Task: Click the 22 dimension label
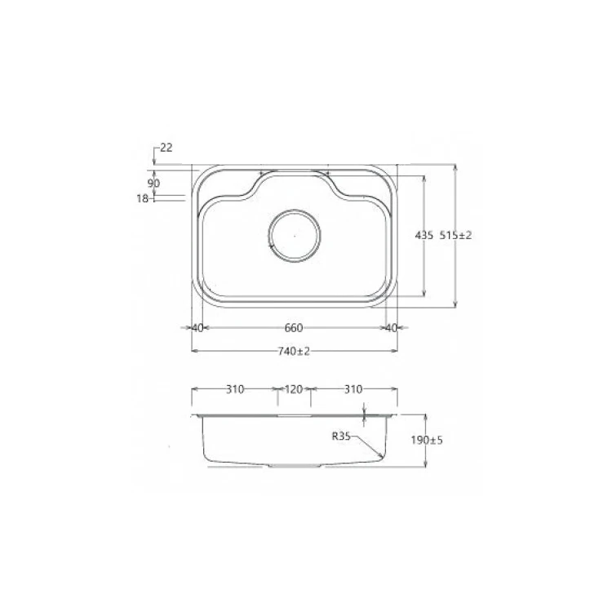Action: (x=166, y=148)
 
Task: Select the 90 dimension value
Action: (x=153, y=183)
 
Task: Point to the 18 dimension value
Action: (x=142, y=198)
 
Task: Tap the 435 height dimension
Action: (x=424, y=235)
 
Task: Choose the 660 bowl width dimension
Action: (x=294, y=328)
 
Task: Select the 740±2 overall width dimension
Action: (x=295, y=351)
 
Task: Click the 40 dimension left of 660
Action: (x=197, y=328)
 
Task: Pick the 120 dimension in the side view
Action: (x=293, y=390)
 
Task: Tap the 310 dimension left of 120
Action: (x=235, y=390)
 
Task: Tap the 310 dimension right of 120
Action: (x=353, y=390)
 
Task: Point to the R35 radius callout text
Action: (x=340, y=437)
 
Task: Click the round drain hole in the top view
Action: (x=295, y=235)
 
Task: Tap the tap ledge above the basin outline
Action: (x=294, y=172)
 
